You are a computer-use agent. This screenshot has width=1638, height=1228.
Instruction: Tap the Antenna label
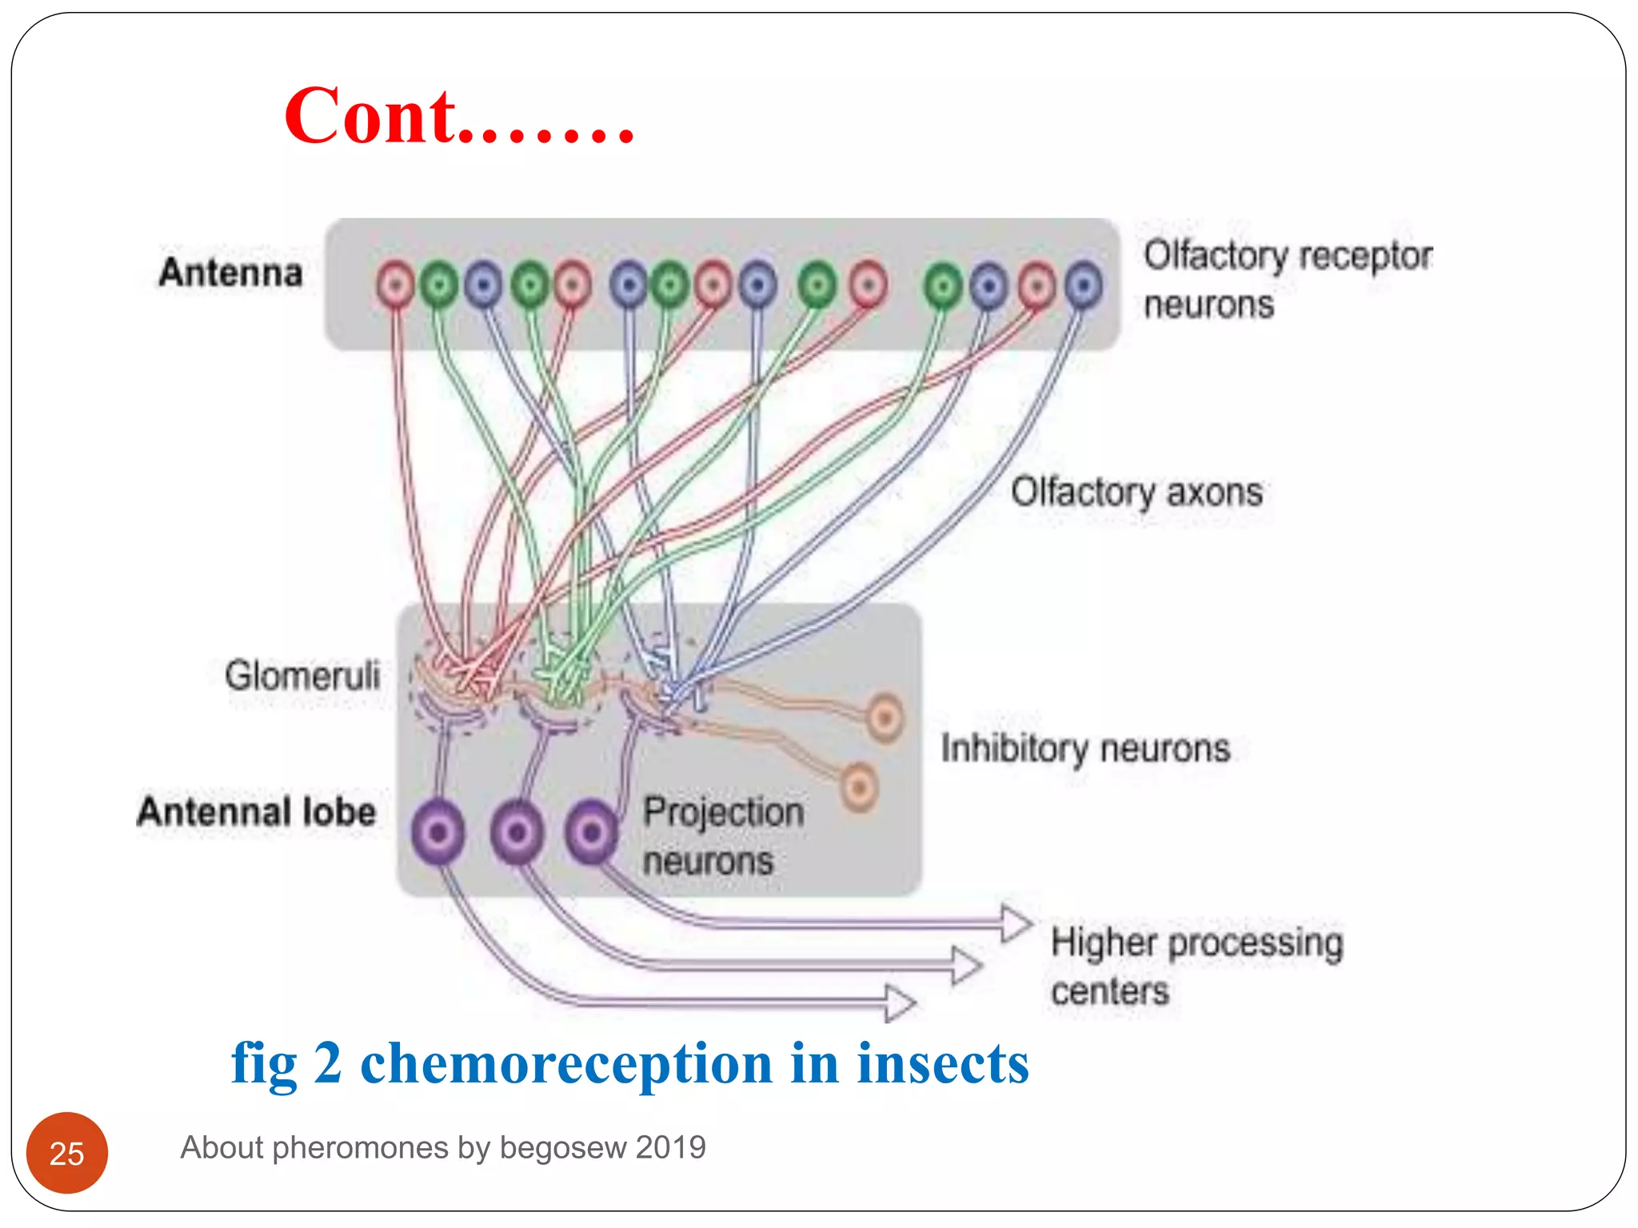point(230,273)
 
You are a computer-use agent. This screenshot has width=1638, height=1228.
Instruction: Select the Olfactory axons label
point(1136,492)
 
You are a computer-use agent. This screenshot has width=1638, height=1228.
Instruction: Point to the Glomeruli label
point(302,676)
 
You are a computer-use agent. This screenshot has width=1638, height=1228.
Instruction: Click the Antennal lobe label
point(256,811)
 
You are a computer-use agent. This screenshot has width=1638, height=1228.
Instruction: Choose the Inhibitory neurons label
point(1085,748)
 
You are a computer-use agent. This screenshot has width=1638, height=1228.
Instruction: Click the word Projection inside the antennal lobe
point(723,811)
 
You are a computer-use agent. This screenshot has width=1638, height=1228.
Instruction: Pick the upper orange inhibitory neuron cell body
point(885,717)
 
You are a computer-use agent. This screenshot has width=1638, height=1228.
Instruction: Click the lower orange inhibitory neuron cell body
point(859,787)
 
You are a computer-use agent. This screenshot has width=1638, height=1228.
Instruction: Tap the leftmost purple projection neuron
point(438,833)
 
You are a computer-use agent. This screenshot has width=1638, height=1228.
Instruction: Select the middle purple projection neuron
point(517,833)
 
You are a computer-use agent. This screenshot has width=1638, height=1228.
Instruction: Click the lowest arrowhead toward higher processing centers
point(900,1003)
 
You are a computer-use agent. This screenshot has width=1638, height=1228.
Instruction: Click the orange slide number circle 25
point(67,1153)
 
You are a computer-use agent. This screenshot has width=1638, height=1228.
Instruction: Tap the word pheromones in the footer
point(360,1148)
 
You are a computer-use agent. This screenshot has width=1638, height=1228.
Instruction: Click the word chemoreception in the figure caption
point(566,1063)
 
